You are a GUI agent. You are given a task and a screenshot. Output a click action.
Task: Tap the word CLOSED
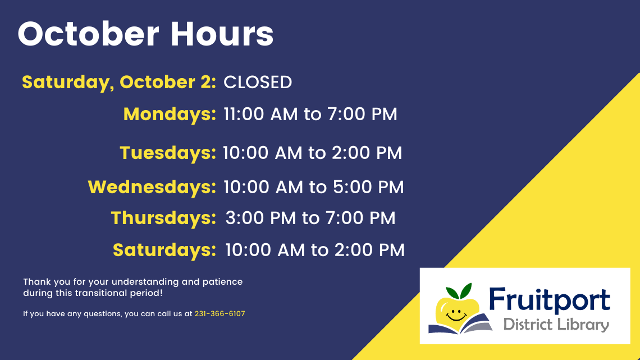258,82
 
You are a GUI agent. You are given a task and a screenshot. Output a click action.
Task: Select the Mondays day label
170,115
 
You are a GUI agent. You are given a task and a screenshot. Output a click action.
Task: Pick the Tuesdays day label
168,153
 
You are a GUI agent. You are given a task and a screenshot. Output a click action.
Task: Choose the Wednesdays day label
152,187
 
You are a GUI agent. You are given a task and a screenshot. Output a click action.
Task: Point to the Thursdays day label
163,218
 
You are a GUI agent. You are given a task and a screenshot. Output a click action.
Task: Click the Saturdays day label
164,250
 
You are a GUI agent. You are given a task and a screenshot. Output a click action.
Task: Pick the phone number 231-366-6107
220,314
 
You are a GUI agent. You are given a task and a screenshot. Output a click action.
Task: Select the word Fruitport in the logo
548,300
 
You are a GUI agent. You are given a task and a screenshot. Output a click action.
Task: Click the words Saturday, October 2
119,82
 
